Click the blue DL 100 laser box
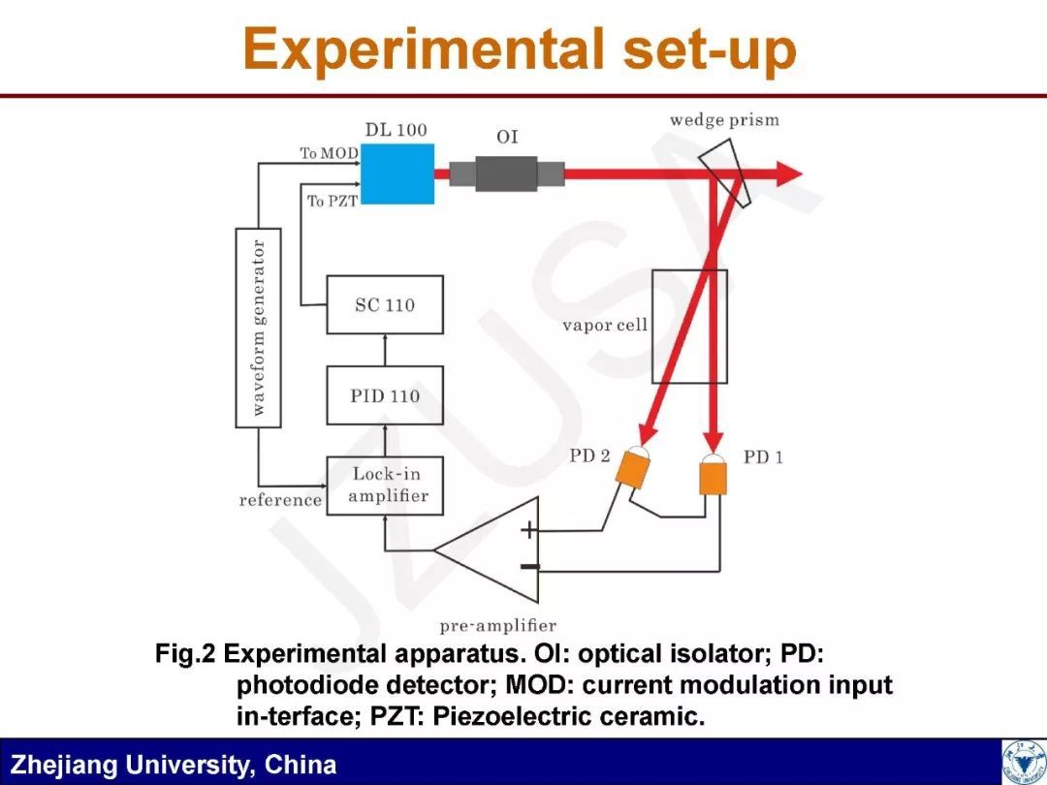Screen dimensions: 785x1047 pos(397,173)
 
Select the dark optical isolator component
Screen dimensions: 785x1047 pos(506,173)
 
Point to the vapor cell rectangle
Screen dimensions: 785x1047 pos(688,326)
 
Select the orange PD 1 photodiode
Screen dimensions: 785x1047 pos(713,474)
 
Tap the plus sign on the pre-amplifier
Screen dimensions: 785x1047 pos(528,530)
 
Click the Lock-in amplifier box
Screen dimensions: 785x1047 pos(384,486)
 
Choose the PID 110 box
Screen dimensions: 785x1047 pos(384,395)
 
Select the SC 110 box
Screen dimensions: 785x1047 pos(384,305)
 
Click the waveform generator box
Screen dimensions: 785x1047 pos(259,328)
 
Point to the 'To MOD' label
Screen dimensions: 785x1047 pos(329,153)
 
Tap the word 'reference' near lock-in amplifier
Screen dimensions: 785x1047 pos(280,500)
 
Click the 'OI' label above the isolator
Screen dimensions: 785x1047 pos(507,137)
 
